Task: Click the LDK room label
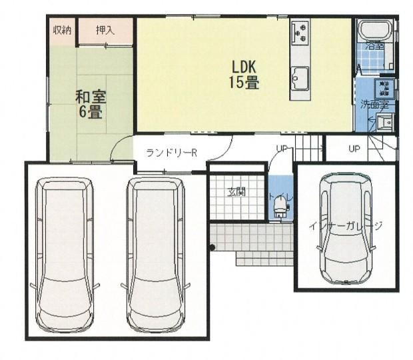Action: [x=244, y=67]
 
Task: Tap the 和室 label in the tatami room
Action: [x=91, y=97]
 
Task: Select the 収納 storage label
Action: [x=63, y=31]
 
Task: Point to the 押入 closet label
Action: [x=105, y=31]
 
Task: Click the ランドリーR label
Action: [x=171, y=153]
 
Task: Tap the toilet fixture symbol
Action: [x=280, y=207]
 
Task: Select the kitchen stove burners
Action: [x=300, y=33]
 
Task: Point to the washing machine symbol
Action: [x=384, y=88]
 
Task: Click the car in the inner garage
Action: [x=346, y=229]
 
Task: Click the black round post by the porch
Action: [x=212, y=247]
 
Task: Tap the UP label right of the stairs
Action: [x=354, y=149]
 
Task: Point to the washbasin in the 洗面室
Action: [x=385, y=122]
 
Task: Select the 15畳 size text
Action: [x=244, y=82]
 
